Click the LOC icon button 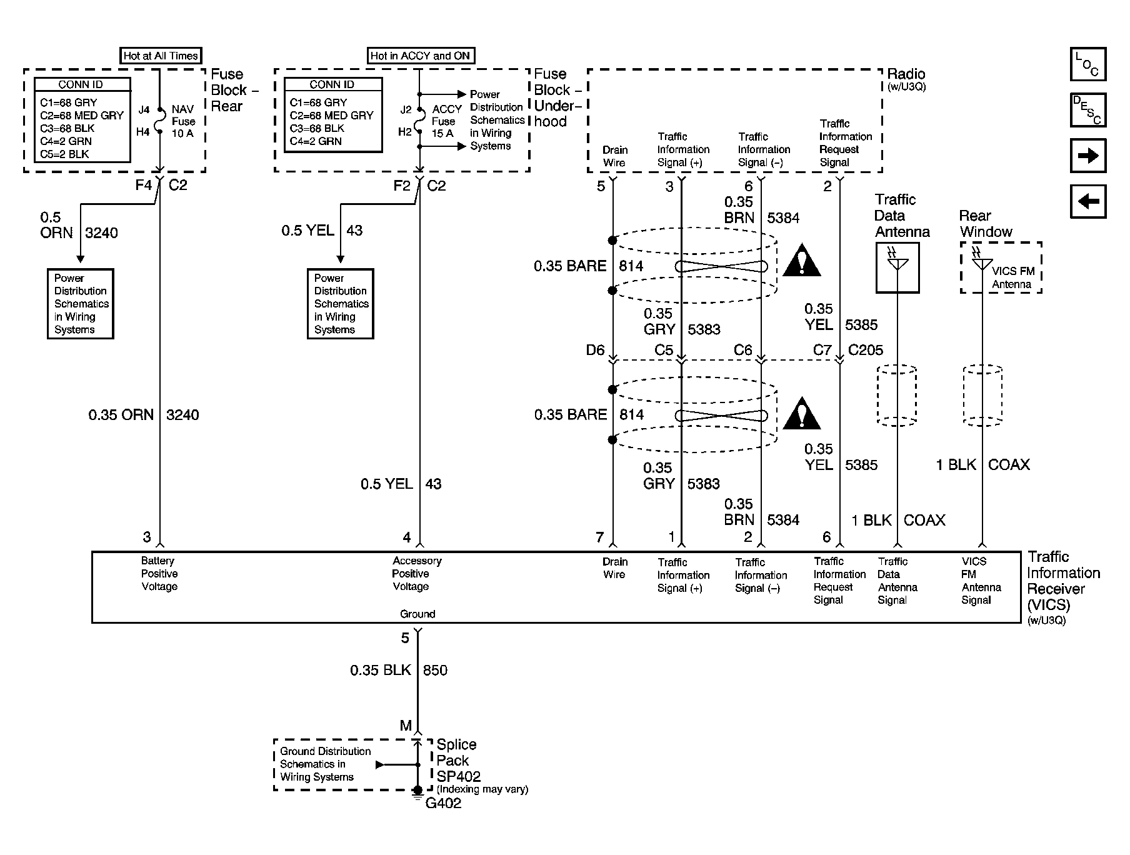click(x=1087, y=64)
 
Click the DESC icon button click(x=1087, y=110)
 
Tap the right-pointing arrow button click(x=1087, y=156)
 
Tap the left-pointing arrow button click(x=1087, y=201)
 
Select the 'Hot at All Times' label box click(x=161, y=56)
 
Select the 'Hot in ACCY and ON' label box click(x=420, y=56)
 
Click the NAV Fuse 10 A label click(x=183, y=121)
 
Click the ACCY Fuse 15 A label click(x=446, y=121)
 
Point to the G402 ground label click(x=443, y=803)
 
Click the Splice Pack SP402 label click(x=458, y=761)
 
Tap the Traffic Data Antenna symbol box click(x=897, y=268)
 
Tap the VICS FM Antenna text click(x=1012, y=277)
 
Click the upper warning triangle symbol click(x=801, y=262)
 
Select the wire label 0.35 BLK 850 click(x=398, y=671)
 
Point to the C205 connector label click(x=866, y=350)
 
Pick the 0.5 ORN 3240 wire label click(x=78, y=226)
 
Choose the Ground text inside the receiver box click(x=417, y=614)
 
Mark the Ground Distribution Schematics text click(x=325, y=764)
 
